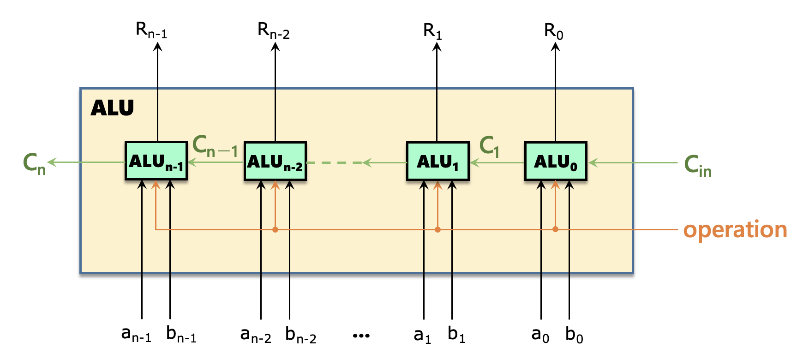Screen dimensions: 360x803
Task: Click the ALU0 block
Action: click(x=556, y=162)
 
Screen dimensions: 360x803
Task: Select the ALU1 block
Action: click(x=437, y=162)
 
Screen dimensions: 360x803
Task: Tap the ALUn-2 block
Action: click(x=275, y=162)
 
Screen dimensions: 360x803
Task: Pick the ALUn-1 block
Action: click(x=156, y=162)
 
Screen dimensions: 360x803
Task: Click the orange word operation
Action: click(x=735, y=229)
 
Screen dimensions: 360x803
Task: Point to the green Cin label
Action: click(x=697, y=166)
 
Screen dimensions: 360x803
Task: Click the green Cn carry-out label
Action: click(x=35, y=164)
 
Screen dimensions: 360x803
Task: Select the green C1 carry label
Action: click(x=490, y=147)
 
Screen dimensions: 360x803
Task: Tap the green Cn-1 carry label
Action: click(x=215, y=146)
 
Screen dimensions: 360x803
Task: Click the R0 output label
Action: click(x=554, y=32)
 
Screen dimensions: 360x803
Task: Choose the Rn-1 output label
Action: click(x=151, y=30)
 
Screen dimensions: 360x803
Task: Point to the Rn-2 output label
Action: click(x=274, y=31)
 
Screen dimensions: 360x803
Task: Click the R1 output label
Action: click(x=432, y=32)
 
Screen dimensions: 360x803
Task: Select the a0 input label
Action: click(x=540, y=335)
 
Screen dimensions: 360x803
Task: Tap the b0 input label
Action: click(x=574, y=335)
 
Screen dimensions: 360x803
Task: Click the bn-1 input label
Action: click(x=181, y=335)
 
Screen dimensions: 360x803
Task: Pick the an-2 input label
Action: click(x=256, y=335)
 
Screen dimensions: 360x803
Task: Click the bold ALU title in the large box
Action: click(x=112, y=108)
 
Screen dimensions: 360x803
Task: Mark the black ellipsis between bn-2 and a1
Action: click(x=361, y=336)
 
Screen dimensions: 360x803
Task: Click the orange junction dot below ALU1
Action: click(x=437, y=229)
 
